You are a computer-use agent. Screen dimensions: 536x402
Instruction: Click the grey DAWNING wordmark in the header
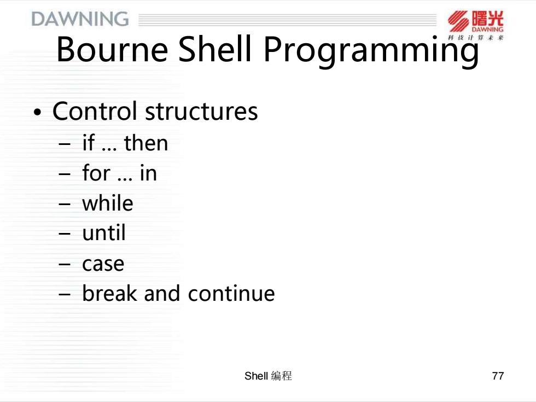(x=80, y=19)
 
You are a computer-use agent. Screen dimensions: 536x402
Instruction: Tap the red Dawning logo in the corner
(x=475, y=26)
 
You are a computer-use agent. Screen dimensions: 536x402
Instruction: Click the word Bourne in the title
(x=112, y=49)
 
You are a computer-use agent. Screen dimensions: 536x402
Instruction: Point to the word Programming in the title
(x=371, y=51)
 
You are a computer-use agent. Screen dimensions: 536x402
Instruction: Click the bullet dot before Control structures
(x=37, y=112)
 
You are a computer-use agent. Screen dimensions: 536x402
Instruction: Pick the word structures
(x=202, y=112)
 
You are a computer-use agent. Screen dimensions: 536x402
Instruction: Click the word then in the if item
(x=146, y=142)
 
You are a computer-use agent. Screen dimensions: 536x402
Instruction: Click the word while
(x=108, y=203)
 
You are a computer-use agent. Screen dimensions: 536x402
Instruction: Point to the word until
(x=104, y=233)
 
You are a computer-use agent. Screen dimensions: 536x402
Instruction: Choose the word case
(x=103, y=264)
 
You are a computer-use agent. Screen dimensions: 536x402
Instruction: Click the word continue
(x=231, y=293)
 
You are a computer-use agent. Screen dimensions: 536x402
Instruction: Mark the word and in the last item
(x=162, y=293)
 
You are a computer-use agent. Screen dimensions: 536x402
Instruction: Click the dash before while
(x=65, y=204)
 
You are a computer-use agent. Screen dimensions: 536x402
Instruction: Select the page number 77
(x=498, y=376)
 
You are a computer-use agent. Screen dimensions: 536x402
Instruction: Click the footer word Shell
(x=256, y=376)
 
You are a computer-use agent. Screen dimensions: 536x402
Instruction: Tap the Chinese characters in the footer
(x=282, y=376)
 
